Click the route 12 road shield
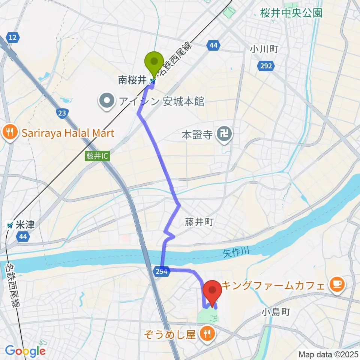point(13,37)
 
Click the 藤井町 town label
point(199,222)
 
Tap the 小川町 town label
point(265,49)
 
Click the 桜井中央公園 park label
point(291,13)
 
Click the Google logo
point(25,351)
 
